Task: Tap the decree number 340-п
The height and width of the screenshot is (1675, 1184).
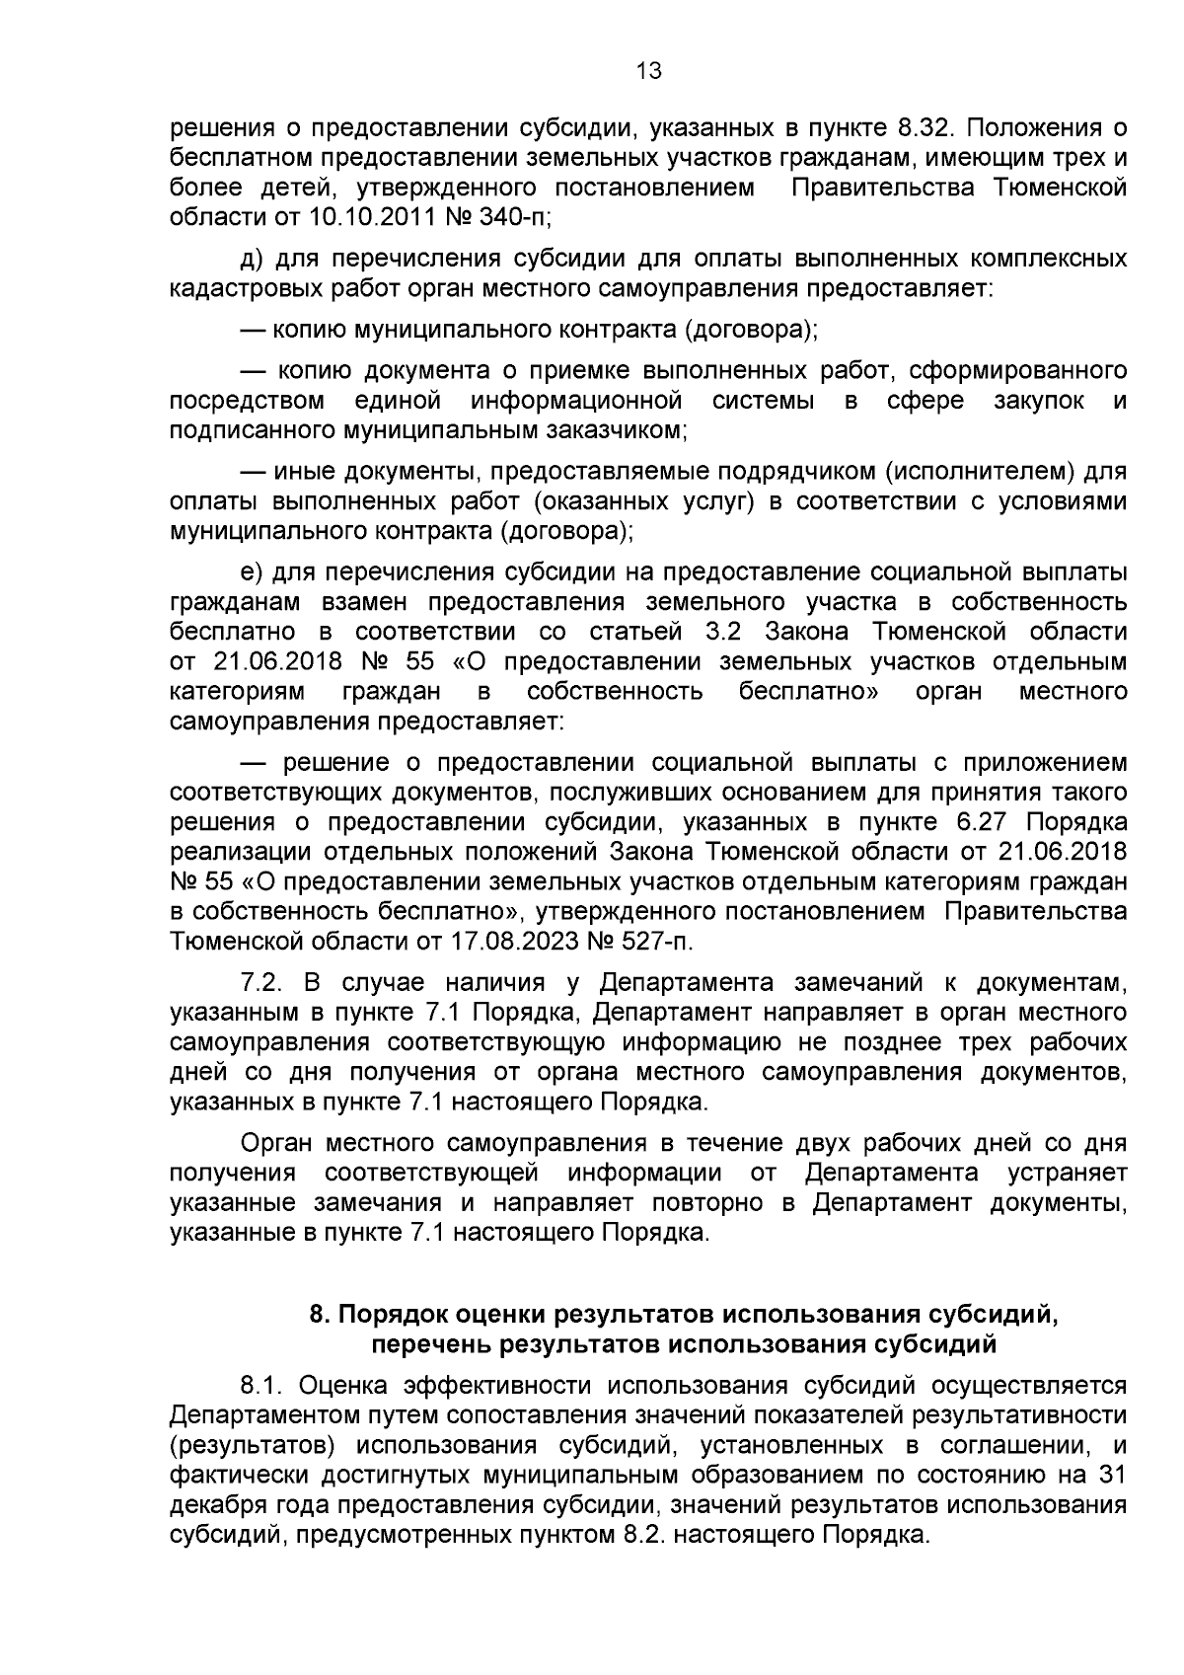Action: [511, 216]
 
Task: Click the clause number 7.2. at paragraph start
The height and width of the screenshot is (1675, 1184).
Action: [262, 983]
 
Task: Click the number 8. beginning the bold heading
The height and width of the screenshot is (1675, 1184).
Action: [318, 1315]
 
